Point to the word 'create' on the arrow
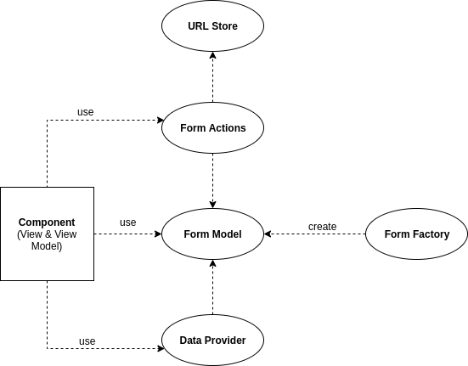click(323, 227)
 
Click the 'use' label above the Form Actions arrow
click(86, 112)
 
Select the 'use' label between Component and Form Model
click(128, 222)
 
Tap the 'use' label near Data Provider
click(87, 341)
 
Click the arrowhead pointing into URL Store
click(213, 55)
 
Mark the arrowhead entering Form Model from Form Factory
click(268, 234)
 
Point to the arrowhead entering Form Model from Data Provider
click(213, 263)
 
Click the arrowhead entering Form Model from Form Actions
click(213, 205)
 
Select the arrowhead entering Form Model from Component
click(158, 234)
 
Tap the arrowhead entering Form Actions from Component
click(161, 121)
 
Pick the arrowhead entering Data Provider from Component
click(161, 348)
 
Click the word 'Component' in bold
click(47, 222)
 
